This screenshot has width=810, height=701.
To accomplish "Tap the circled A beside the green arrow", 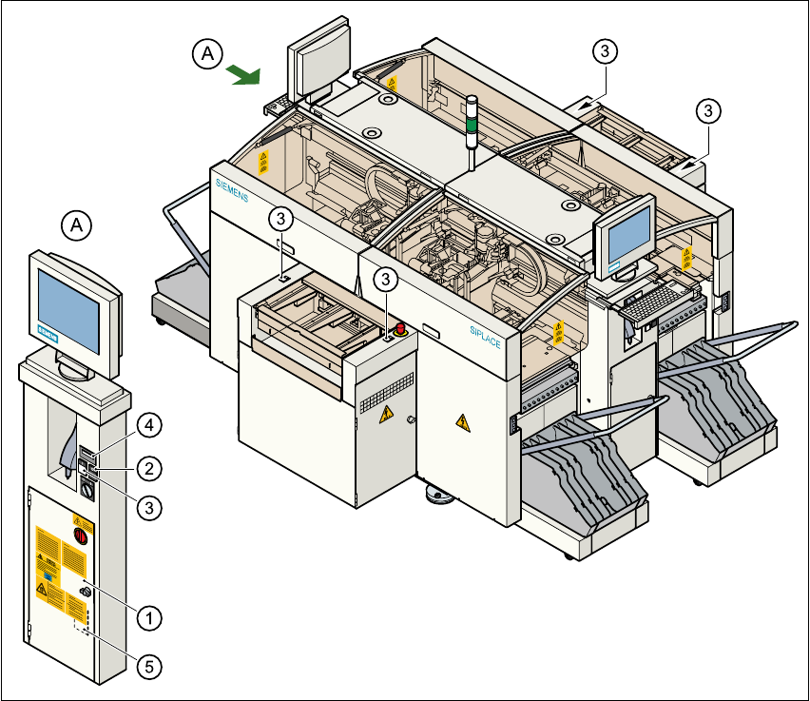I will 206,54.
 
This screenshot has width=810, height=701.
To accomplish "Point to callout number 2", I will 148,467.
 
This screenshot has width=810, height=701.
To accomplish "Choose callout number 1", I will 148,616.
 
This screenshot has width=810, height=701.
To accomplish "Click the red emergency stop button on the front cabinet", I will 400,329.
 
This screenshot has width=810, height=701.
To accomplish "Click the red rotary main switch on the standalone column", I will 80,536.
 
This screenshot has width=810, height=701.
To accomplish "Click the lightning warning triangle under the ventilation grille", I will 386,416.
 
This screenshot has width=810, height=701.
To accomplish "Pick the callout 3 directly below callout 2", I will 148,508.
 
